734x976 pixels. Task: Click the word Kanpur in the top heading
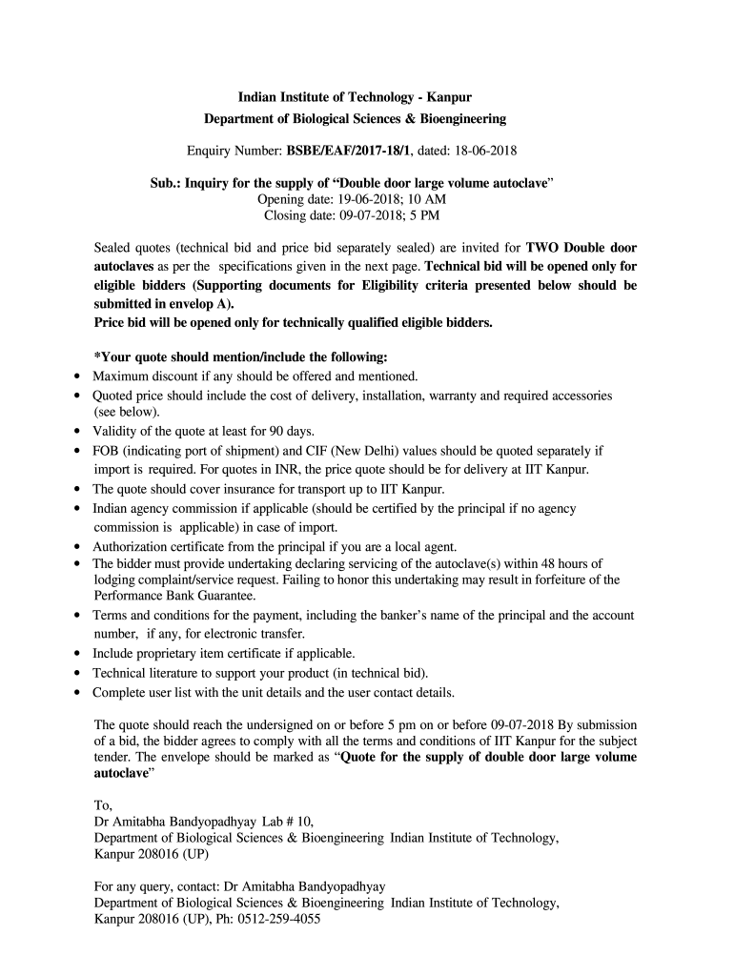click(x=449, y=98)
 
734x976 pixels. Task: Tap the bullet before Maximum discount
click(x=75, y=376)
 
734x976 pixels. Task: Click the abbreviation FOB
click(x=106, y=450)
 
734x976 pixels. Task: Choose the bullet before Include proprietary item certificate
click(x=75, y=654)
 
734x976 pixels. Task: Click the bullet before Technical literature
click(x=75, y=673)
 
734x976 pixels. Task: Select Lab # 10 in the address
click(x=287, y=821)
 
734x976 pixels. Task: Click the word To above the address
click(x=102, y=803)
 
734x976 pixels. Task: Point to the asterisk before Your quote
click(x=96, y=357)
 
